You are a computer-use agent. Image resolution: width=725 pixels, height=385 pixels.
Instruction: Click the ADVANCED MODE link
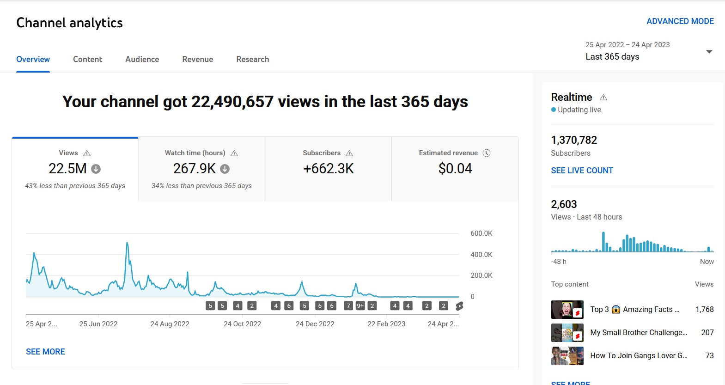click(x=680, y=21)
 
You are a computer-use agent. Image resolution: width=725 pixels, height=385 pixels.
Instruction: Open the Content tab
click(x=87, y=59)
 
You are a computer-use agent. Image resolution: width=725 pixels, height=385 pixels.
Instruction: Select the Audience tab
click(x=142, y=59)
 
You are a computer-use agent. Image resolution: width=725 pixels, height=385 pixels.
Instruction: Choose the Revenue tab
click(x=197, y=59)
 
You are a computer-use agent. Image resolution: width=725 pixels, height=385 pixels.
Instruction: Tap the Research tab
click(x=252, y=59)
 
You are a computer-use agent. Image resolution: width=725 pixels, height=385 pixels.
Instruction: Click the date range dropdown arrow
click(x=709, y=52)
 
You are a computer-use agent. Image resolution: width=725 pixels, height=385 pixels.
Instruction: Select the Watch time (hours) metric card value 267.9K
click(x=194, y=169)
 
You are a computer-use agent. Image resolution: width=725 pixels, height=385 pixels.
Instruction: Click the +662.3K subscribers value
click(x=328, y=169)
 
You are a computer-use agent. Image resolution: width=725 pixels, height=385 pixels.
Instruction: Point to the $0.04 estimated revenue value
click(x=455, y=169)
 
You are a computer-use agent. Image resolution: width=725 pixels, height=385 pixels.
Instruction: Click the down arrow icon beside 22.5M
click(x=96, y=169)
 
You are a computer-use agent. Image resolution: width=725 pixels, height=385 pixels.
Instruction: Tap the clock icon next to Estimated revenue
click(x=487, y=153)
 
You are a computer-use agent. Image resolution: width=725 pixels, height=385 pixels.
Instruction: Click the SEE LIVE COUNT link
click(x=582, y=171)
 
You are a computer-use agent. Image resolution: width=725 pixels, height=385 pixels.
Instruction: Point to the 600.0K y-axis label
click(x=481, y=233)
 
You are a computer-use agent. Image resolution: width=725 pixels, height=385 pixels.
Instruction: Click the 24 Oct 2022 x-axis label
click(x=242, y=324)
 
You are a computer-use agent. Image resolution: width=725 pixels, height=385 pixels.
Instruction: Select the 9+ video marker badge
click(x=360, y=306)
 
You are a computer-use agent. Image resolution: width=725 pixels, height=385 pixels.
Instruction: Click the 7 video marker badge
click(x=348, y=306)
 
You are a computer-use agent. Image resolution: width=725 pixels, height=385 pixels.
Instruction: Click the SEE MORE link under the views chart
click(x=45, y=352)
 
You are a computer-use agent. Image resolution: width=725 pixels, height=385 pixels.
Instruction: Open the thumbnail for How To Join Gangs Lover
click(x=567, y=356)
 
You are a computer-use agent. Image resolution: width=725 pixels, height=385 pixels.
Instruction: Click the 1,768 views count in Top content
click(x=705, y=310)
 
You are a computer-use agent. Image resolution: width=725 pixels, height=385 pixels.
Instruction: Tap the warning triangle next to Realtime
click(x=603, y=98)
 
